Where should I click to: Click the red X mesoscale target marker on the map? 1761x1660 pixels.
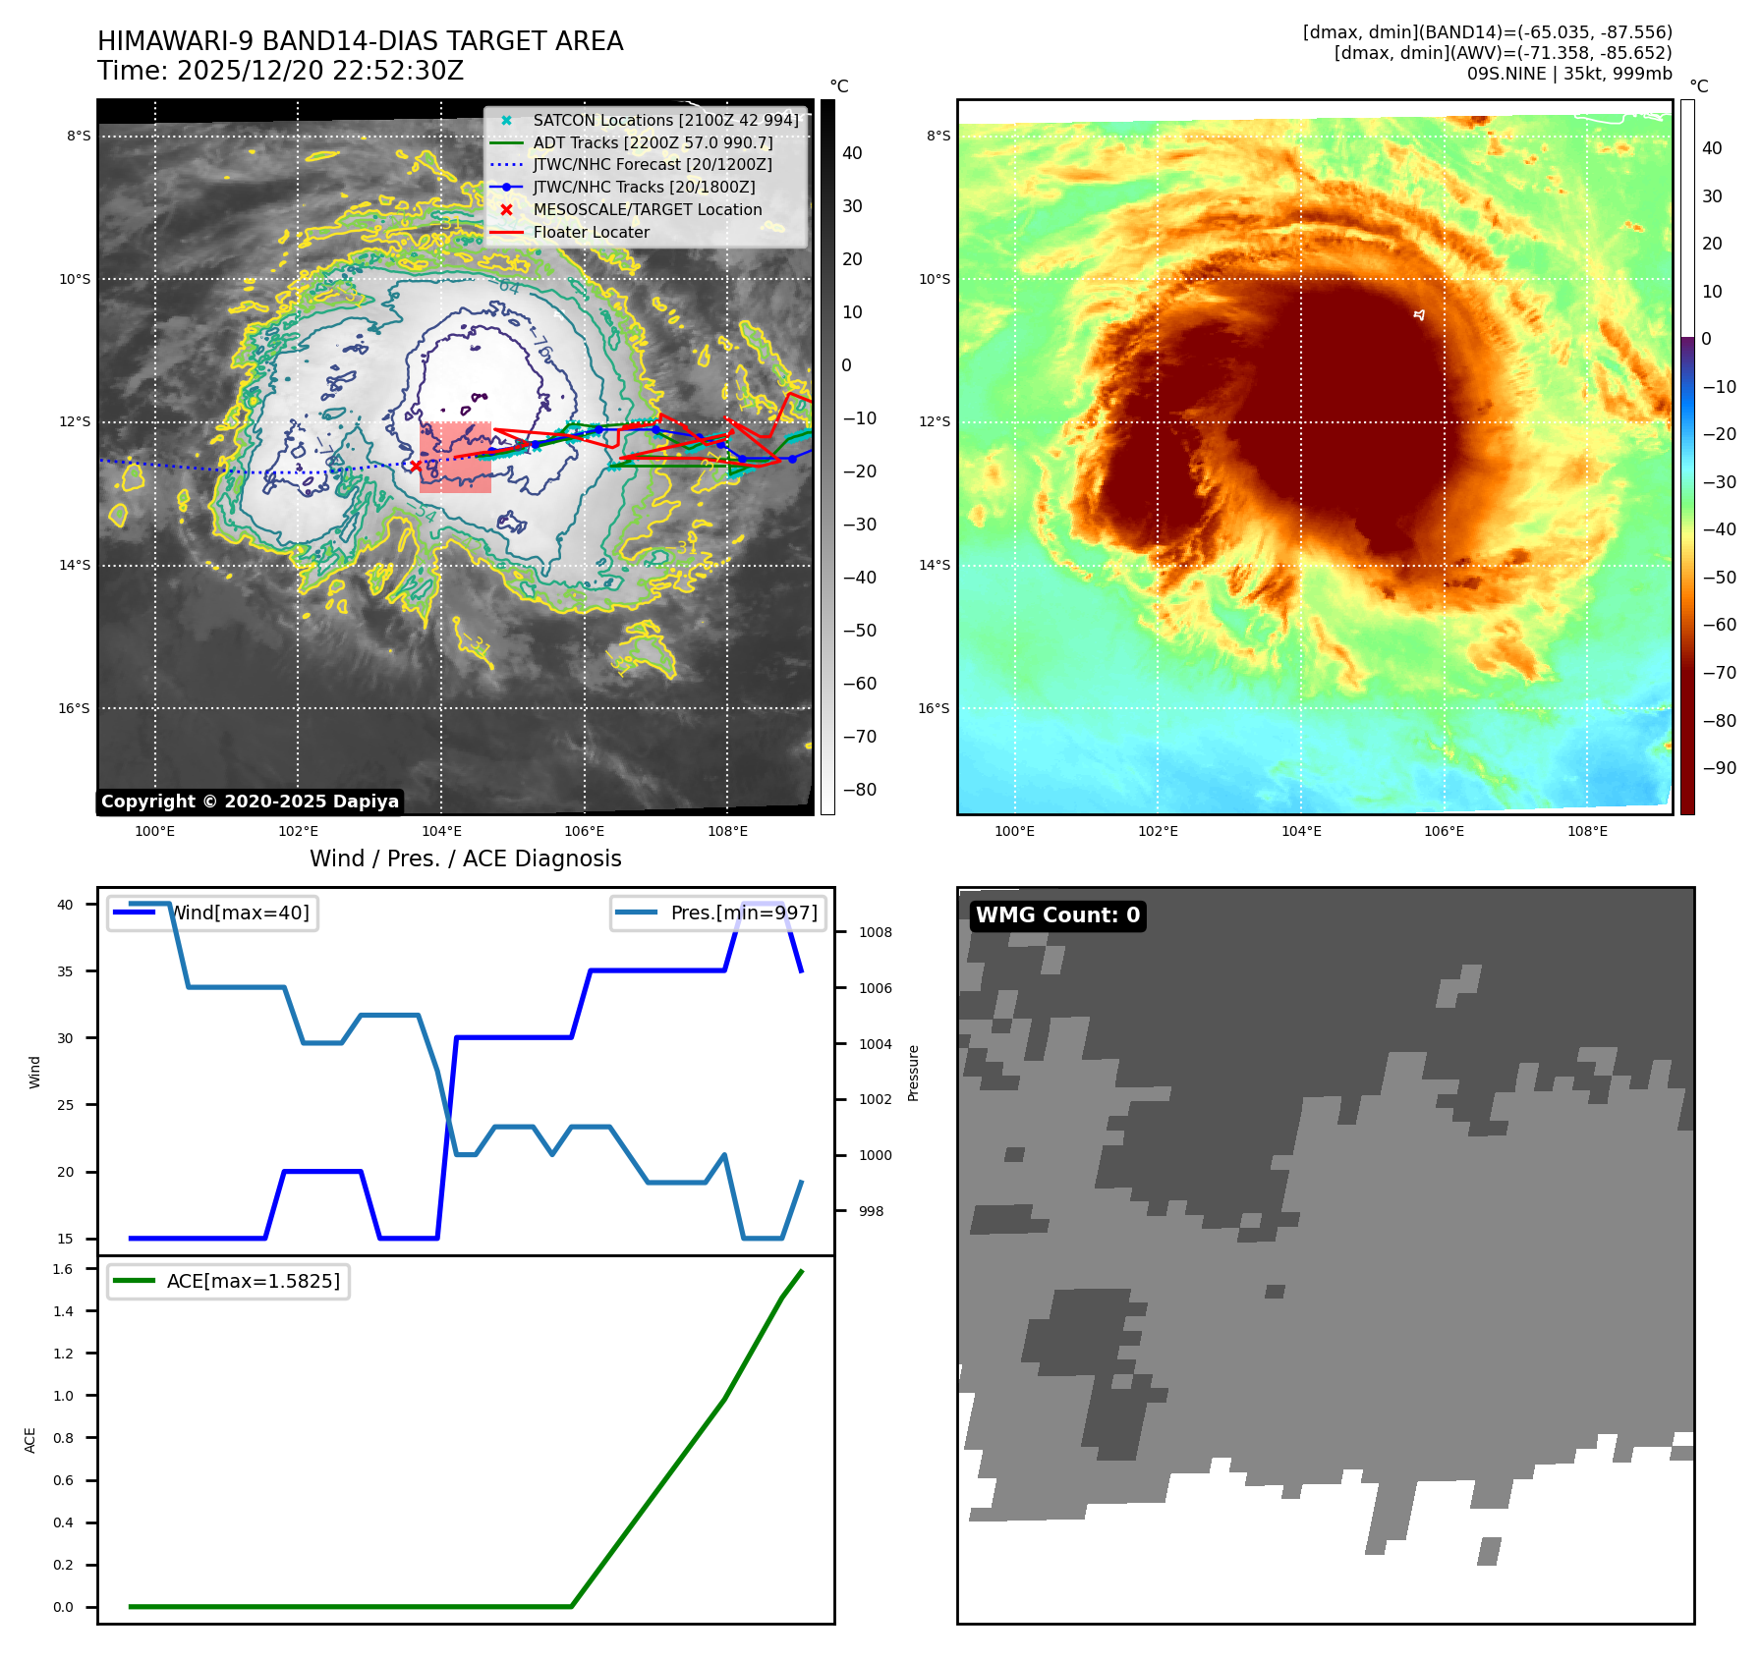pos(416,466)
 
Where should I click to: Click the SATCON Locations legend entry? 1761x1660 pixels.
pos(665,120)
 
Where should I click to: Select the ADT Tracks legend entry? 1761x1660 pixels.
pos(653,142)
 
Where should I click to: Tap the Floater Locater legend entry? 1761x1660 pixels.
pos(591,233)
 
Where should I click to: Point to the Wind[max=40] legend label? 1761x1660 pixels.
pos(240,913)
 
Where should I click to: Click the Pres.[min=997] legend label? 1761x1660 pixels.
pos(743,913)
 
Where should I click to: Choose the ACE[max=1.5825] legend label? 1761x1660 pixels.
pos(253,1281)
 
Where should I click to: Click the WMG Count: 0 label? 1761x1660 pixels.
pos(1057,915)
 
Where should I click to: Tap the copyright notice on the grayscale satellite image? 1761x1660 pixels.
pos(250,802)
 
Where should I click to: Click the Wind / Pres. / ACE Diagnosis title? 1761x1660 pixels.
pos(465,858)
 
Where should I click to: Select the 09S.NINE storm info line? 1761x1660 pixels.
pos(1568,74)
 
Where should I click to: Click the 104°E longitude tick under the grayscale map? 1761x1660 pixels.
pos(441,831)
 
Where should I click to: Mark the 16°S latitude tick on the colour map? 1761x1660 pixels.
pos(934,708)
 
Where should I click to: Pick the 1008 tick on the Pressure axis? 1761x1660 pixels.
pos(875,932)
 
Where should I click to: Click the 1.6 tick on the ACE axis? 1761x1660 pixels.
pos(63,1269)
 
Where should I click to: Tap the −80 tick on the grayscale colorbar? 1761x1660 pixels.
pos(859,790)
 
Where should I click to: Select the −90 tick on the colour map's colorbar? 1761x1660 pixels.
pos(1719,768)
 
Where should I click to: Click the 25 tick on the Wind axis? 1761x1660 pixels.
pos(65,1105)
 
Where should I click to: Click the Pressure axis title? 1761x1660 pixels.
pos(913,1073)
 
